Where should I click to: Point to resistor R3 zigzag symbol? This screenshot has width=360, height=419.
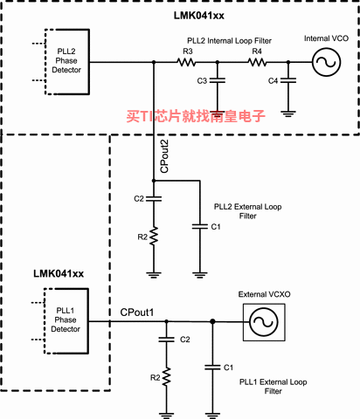[186, 62]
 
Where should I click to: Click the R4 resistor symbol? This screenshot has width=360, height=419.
[257, 62]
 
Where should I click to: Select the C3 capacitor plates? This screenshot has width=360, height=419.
[217, 80]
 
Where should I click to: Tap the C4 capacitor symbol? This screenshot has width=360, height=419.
[288, 80]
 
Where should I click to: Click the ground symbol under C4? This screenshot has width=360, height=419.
[288, 113]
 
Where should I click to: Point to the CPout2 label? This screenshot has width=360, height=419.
[164, 156]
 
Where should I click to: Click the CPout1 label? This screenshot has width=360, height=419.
[137, 313]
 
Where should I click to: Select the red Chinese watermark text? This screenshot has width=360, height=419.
[196, 116]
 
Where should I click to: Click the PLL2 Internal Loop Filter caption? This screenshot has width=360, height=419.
[229, 41]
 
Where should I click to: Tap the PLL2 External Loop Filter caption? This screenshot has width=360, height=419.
[248, 211]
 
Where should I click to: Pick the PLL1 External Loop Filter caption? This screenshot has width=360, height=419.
[273, 387]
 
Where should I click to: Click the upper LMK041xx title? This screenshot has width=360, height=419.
[199, 16]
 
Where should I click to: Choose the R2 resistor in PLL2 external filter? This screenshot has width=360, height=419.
[154, 236]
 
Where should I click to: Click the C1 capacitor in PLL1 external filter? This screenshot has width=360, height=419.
[212, 367]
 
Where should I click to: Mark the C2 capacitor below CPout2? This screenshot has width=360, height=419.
[154, 199]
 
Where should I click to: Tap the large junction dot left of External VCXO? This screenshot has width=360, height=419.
[212, 321]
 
